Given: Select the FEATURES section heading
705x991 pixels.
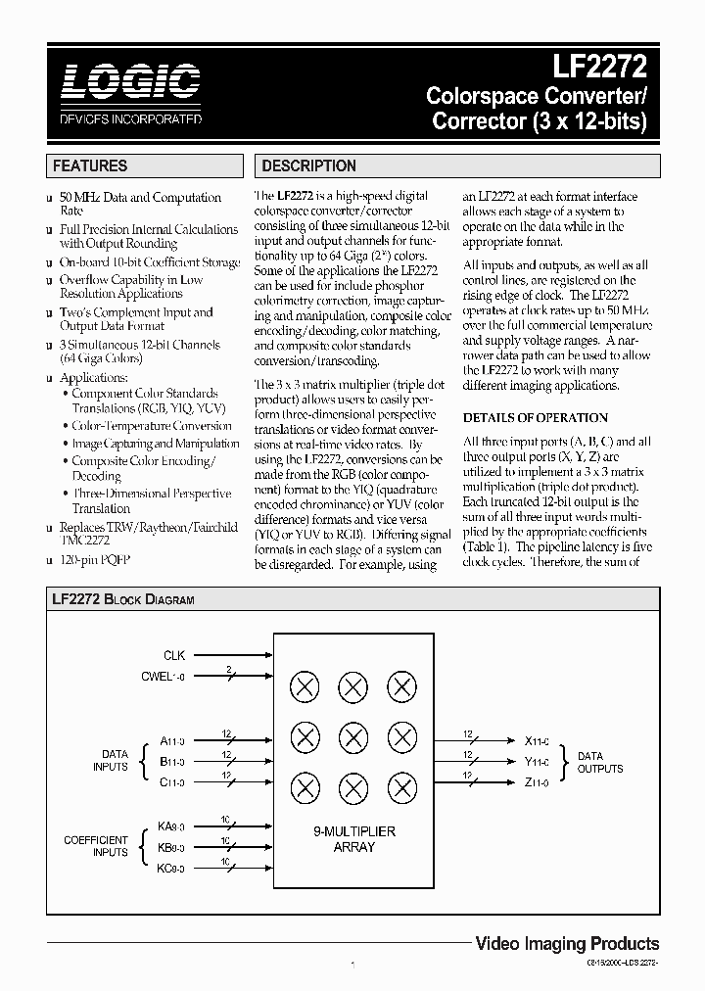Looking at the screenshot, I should (90, 166).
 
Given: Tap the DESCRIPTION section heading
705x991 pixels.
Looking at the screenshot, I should (308, 166).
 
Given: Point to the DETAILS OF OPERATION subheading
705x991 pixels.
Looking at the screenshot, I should (535, 417).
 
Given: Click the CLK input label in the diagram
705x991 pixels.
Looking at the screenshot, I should (174, 655).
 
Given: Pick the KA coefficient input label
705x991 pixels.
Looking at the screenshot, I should (171, 827).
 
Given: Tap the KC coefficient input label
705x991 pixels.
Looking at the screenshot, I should (171, 868).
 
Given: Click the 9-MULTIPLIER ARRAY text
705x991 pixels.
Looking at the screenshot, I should (353, 839).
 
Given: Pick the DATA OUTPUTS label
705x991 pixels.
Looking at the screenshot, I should (599, 762).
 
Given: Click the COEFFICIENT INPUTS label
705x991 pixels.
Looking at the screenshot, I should (96, 846).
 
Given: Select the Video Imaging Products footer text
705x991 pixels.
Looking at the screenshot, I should (566, 944).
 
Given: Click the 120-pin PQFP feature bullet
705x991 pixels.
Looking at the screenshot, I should (95, 559).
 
